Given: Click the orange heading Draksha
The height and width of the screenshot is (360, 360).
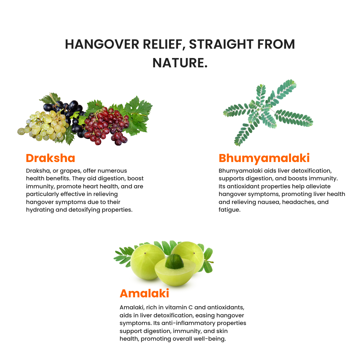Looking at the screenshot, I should pos(50,158).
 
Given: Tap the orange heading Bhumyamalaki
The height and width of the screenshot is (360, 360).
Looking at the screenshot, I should pos(264,158).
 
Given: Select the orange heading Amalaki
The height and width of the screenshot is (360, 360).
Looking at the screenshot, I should pos(144,293).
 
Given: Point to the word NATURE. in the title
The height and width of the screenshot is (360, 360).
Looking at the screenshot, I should pos(180,63).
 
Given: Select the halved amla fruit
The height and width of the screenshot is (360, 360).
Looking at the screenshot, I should pos(173,270).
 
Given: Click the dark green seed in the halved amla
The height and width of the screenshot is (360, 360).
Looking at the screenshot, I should pos(174,262).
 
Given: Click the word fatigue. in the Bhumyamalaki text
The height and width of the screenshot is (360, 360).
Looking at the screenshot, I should pos(229,210).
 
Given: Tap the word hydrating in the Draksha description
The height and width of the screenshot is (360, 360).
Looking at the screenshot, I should pos(40,210).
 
